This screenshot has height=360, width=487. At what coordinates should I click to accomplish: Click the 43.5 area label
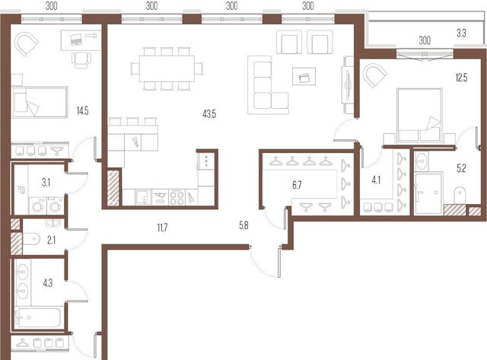coord(209,114)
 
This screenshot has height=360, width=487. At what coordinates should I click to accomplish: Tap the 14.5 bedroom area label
coord(83,110)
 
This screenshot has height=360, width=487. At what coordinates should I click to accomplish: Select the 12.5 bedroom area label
coord(461,78)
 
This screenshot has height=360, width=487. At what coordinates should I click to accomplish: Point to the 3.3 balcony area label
coord(461,33)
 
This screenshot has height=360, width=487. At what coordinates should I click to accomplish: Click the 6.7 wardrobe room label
coord(297,185)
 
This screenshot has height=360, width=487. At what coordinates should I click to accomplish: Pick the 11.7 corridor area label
coord(162,228)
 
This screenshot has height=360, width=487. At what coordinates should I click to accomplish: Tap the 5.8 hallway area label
coord(243,225)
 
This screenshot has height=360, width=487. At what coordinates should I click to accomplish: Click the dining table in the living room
coord(167,68)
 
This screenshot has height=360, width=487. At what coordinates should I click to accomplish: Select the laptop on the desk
coord(76,40)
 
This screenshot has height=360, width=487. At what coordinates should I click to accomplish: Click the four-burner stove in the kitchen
coord(177,198)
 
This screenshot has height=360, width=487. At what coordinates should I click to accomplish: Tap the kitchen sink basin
coord(143,198)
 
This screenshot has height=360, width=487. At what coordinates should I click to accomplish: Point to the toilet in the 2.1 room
coord(31,239)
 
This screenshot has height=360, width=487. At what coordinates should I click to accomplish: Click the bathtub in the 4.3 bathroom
coord(37,317)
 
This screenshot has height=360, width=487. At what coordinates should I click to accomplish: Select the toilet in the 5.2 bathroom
coord(460,196)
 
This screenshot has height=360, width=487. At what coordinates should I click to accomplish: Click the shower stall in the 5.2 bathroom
coord(428,194)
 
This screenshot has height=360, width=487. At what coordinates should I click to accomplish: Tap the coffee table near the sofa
coord(304,76)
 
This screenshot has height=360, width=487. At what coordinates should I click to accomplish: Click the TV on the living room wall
coord(348,84)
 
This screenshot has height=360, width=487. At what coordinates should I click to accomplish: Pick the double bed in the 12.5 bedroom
coord(419,115)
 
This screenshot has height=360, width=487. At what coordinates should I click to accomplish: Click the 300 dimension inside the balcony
coord(425,40)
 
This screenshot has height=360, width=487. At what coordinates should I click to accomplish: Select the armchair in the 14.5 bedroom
coord(26,44)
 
